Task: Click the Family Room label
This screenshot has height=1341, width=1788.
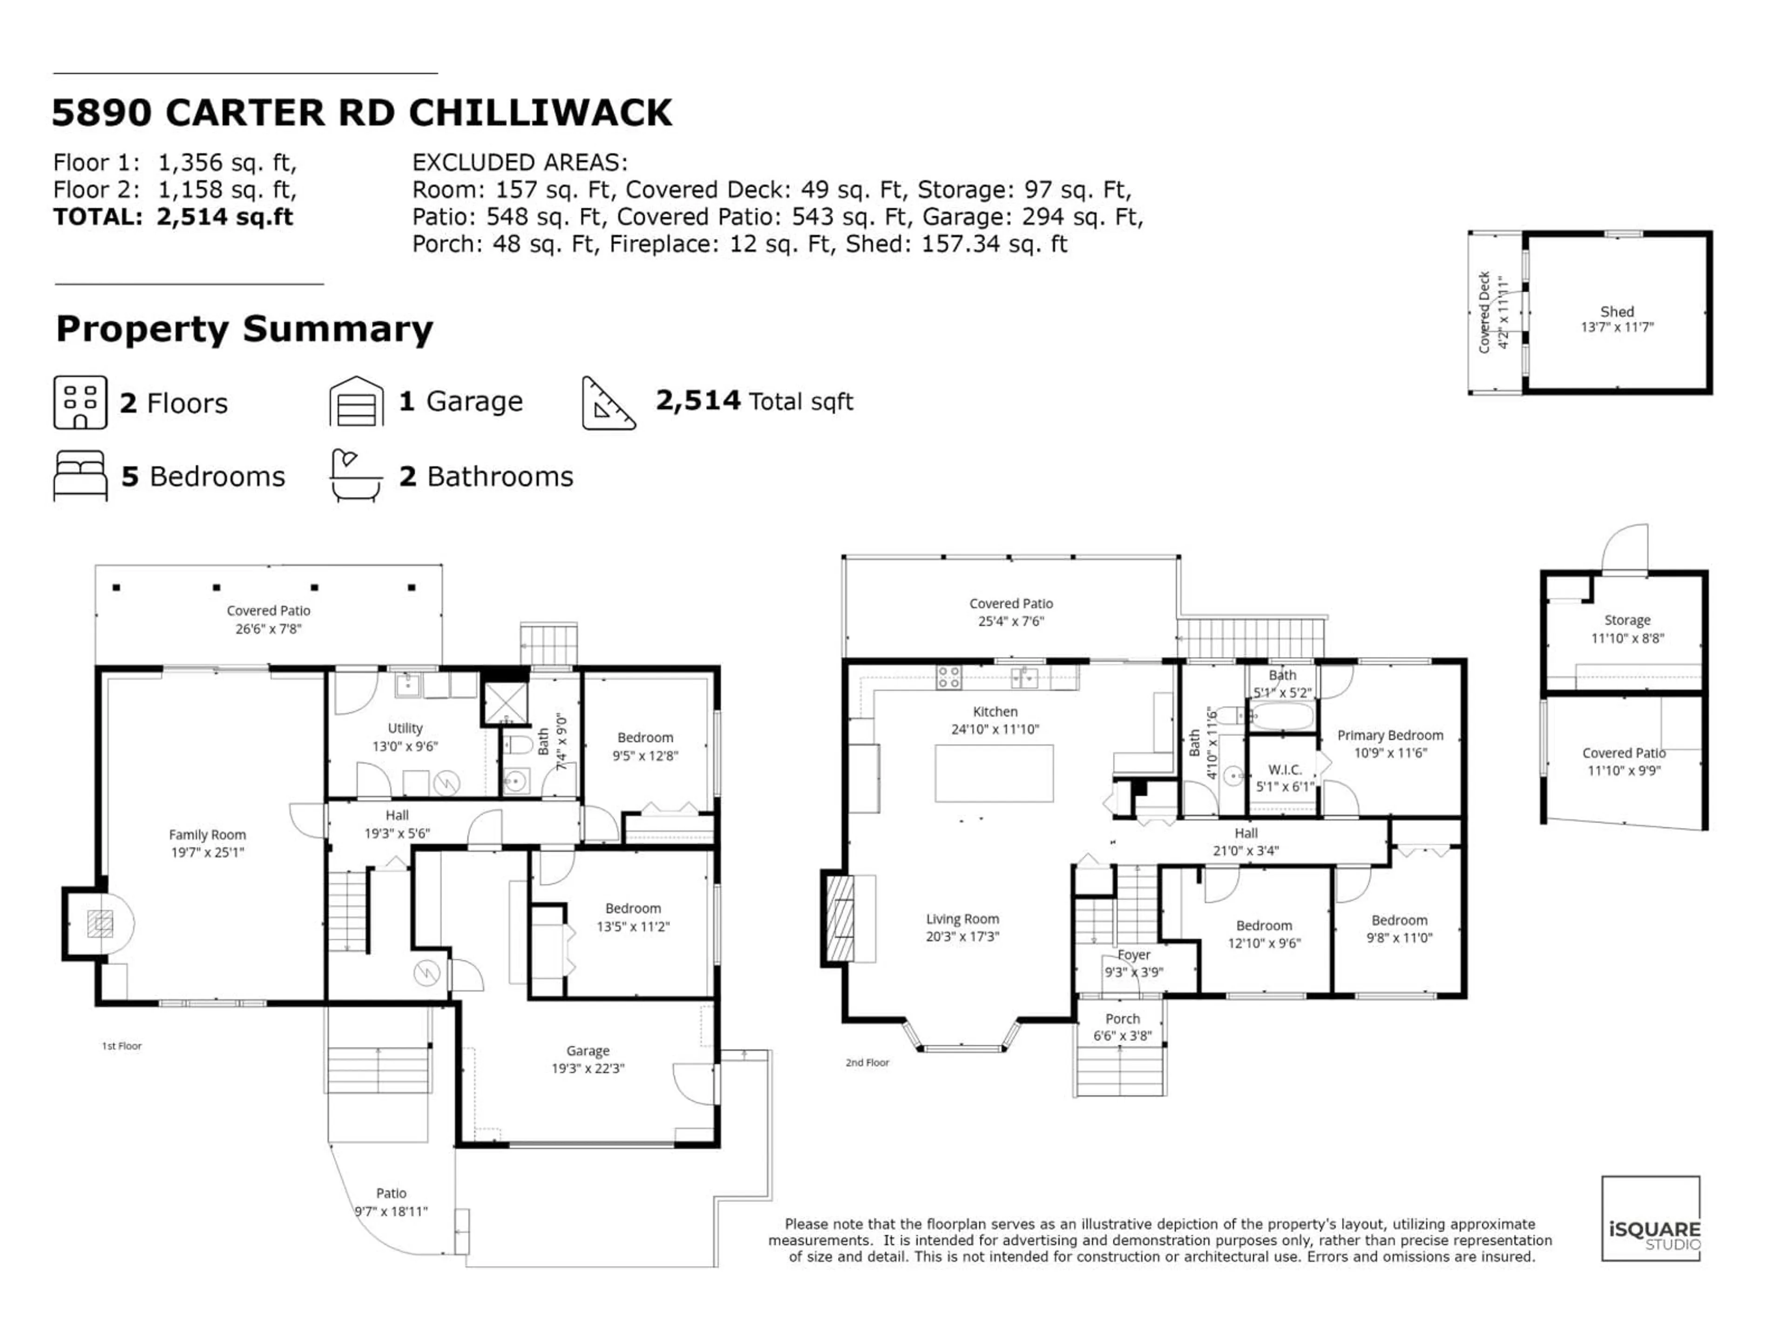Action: click(207, 835)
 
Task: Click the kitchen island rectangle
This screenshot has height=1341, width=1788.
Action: click(994, 773)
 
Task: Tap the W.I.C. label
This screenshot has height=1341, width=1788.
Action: click(1284, 770)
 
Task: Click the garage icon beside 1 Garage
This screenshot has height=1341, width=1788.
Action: click(357, 402)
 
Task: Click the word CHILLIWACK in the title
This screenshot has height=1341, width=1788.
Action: click(540, 112)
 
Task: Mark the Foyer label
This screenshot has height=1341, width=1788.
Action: click(1133, 955)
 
